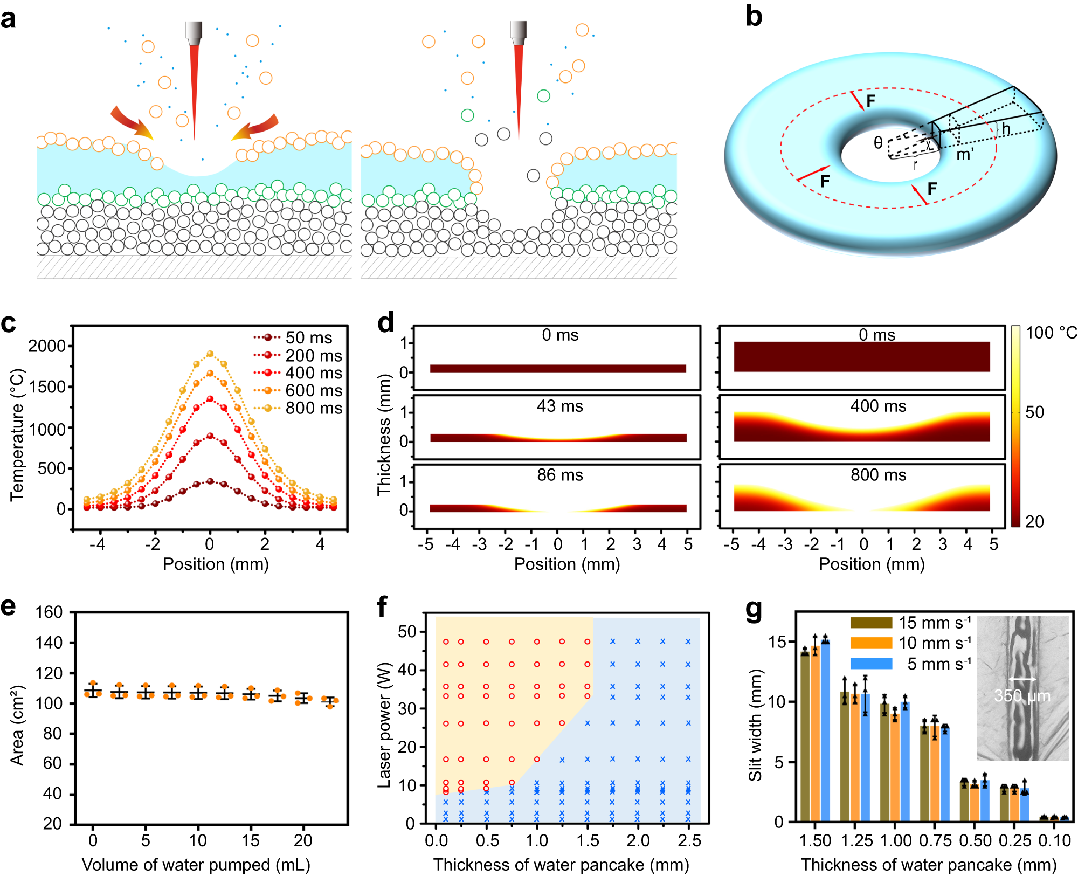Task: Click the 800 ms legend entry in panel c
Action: click(314, 408)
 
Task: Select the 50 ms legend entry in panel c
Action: click(308, 337)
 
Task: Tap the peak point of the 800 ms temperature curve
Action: click(210, 354)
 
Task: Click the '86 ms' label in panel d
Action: click(560, 475)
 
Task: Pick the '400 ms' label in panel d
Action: click(878, 406)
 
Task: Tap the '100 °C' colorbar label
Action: click(1051, 333)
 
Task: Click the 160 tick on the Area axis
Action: click(49, 612)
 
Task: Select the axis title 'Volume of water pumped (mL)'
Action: click(196, 865)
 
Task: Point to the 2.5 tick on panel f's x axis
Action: click(689, 840)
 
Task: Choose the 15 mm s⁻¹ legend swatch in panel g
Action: click(871, 623)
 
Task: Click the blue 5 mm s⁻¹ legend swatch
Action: click(871, 664)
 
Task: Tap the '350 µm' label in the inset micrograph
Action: click(1022, 696)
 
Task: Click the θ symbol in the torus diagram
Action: click(878, 143)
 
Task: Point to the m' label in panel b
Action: click(964, 155)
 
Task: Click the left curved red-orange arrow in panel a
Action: click(131, 123)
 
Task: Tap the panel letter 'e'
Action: click(8, 606)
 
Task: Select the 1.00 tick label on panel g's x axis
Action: click(895, 840)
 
